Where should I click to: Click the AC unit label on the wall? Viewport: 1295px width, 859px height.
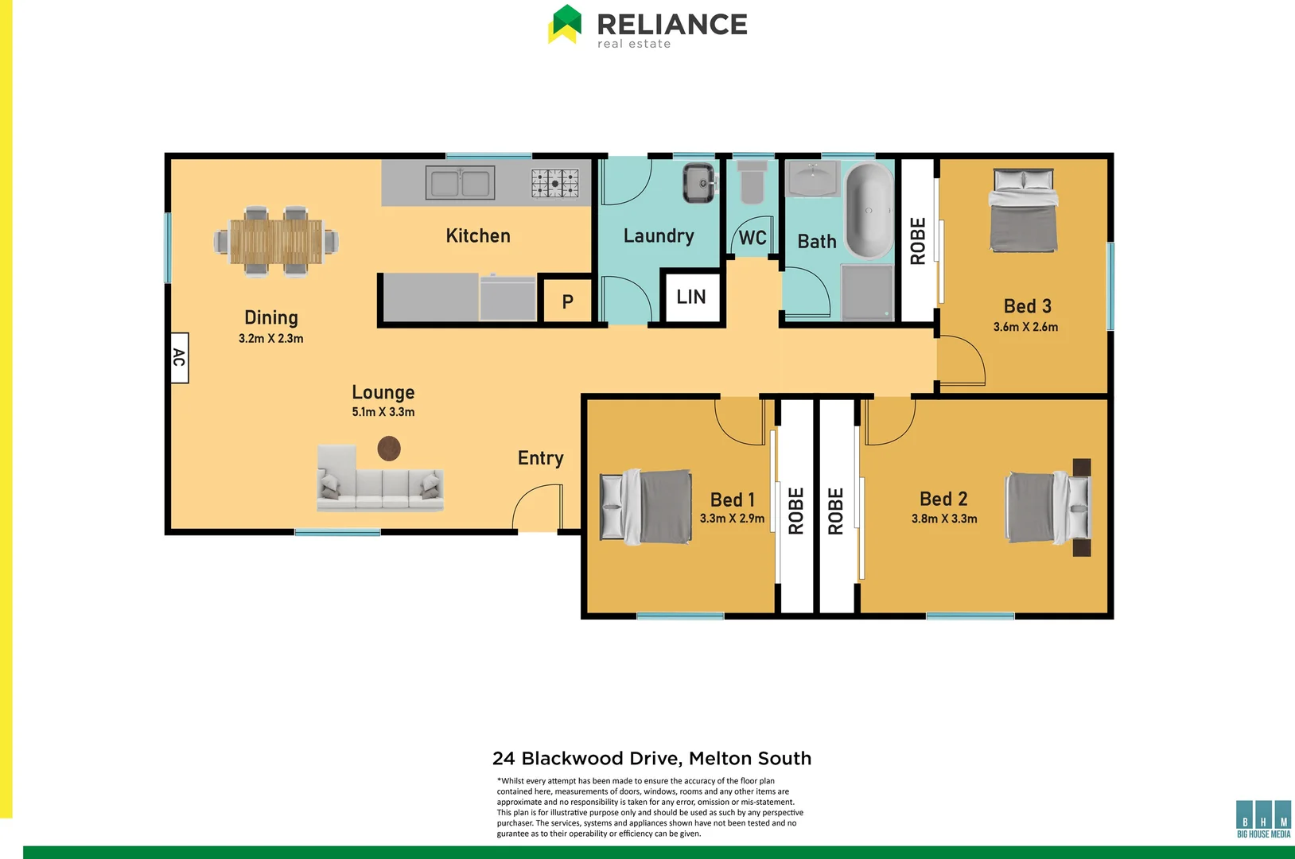tap(180, 358)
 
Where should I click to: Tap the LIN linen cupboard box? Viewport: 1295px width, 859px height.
tap(691, 297)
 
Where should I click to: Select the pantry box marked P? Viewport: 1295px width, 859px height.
tap(567, 301)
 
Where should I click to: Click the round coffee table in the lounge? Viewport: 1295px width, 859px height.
tap(389, 449)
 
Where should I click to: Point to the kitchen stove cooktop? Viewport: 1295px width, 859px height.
tap(555, 183)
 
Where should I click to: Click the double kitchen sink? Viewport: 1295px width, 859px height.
tap(460, 184)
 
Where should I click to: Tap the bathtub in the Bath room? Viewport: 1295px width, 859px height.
tap(869, 211)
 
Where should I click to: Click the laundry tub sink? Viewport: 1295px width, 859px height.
tap(700, 184)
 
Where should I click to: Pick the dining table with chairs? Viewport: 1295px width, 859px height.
tap(276, 241)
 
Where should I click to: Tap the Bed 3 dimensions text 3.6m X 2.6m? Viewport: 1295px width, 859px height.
tap(1025, 327)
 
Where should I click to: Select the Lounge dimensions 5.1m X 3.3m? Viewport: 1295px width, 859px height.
tap(383, 412)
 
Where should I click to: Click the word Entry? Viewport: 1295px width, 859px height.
tap(540, 458)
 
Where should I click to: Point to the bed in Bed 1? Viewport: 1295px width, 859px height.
tap(645, 507)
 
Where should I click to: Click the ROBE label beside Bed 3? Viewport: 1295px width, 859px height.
tap(917, 241)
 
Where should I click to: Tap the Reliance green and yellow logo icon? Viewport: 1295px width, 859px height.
tap(565, 24)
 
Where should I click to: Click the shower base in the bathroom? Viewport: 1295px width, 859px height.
tap(868, 292)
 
